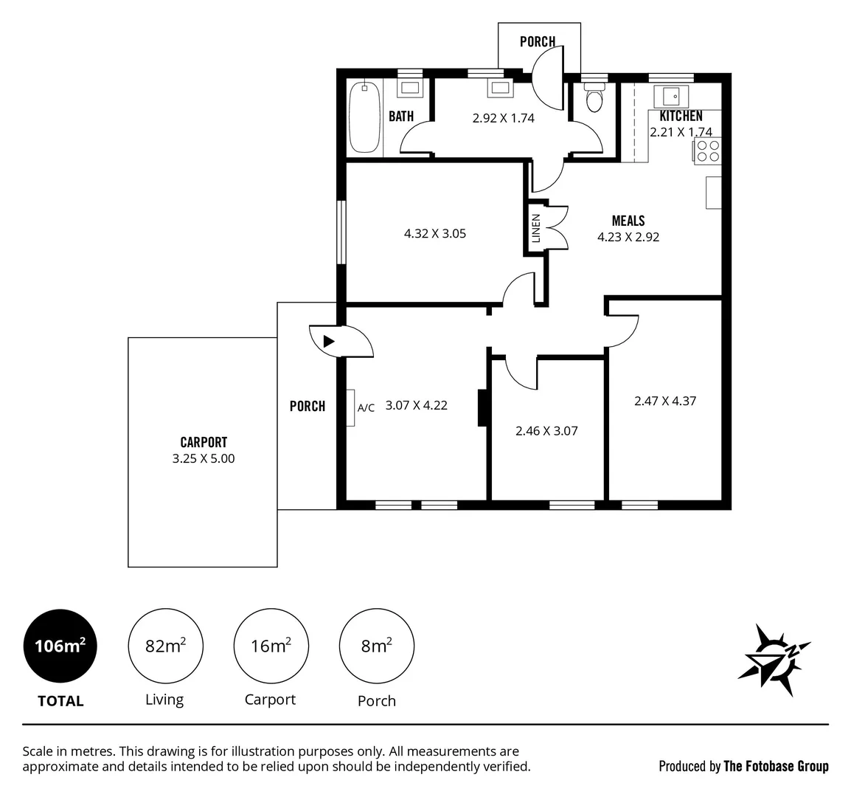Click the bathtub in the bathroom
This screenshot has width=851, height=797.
364,117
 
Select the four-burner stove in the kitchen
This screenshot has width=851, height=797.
707,151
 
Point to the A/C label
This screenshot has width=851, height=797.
366,407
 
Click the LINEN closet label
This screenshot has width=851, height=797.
536,228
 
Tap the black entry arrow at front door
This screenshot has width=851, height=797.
329,341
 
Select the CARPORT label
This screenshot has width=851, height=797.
204,442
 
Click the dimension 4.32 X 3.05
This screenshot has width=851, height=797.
435,233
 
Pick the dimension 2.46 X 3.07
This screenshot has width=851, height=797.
546,430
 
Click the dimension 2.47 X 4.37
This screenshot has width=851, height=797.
665,401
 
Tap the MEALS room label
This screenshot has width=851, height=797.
628,221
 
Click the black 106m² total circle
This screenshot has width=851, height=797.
60,646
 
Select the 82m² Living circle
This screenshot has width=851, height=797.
165,646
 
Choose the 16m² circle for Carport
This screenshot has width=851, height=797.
270,646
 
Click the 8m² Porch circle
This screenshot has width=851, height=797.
376,646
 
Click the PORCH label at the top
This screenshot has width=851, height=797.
538,41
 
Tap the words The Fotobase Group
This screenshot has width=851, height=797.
776,766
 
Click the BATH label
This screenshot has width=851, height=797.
401,116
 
